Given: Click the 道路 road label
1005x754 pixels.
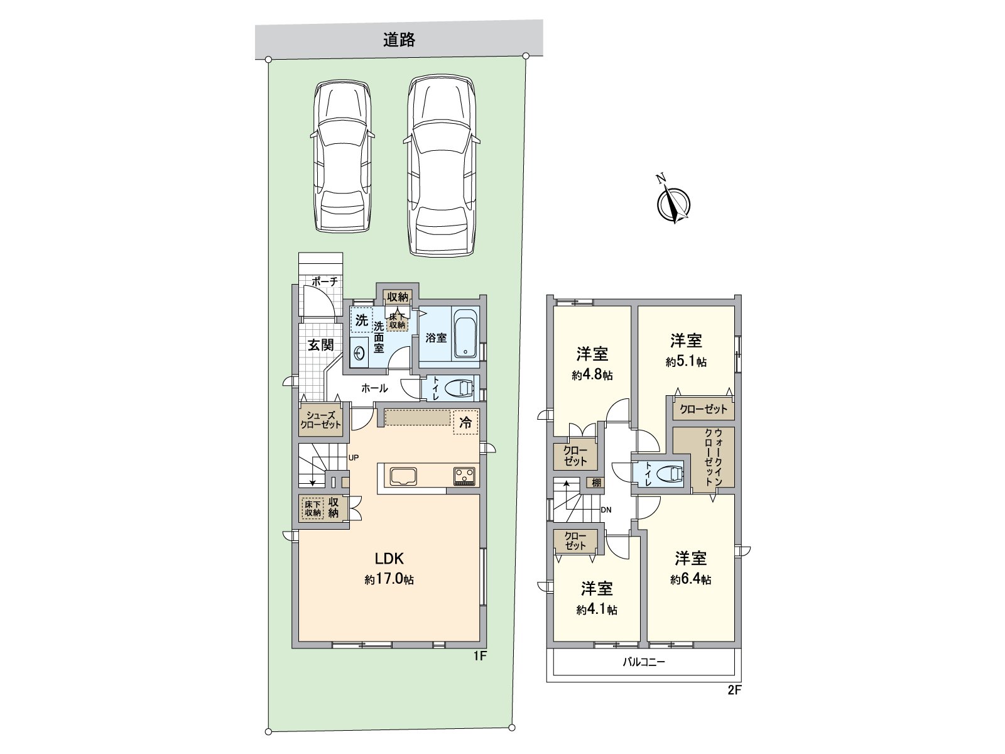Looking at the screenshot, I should pyautogui.click(x=399, y=40).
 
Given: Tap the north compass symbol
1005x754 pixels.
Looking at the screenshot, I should pyautogui.click(x=673, y=203).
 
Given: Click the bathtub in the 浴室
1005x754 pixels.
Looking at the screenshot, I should pyautogui.click(x=465, y=334).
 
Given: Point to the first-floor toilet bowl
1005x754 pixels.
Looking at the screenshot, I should pyautogui.click(x=459, y=388).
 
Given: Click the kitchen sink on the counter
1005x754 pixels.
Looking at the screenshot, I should pyautogui.click(x=409, y=476).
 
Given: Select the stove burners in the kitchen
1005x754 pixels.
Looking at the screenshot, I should pyautogui.click(x=465, y=476).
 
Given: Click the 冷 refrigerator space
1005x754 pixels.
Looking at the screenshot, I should pyautogui.click(x=465, y=422).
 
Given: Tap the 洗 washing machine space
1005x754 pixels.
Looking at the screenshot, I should pyautogui.click(x=361, y=320).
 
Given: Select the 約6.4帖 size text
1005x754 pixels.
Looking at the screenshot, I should pyautogui.click(x=690, y=579).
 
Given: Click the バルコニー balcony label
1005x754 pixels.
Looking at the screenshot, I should pyautogui.click(x=644, y=662).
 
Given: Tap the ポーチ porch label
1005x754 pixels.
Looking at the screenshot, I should pyautogui.click(x=324, y=282).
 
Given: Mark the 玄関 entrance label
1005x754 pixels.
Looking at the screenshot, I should pyautogui.click(x=320, y=344).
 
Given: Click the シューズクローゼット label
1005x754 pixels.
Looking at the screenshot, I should pyautogui.click(x=320, y=420).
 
